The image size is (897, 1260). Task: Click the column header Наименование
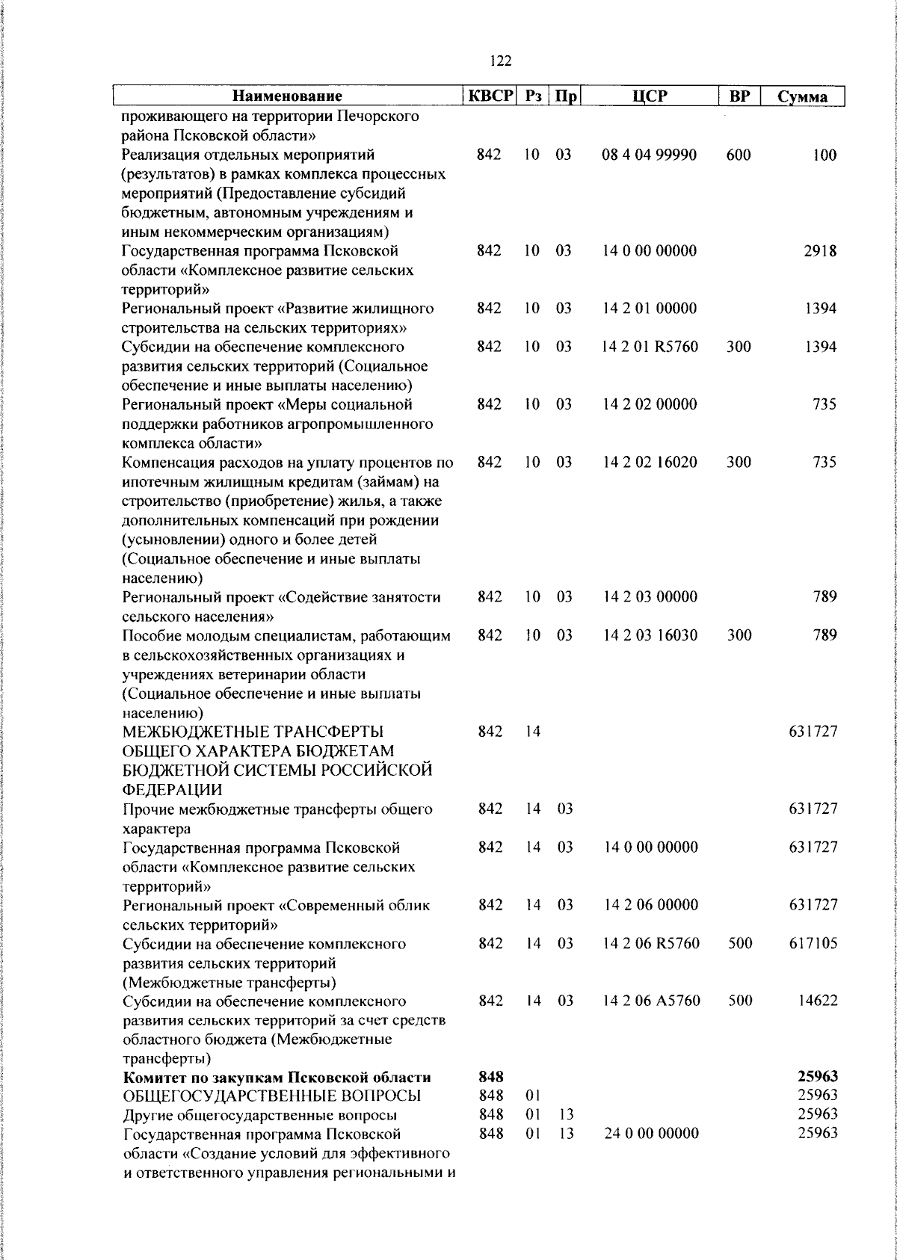tap(287, 96)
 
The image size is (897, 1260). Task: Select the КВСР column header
tap(490, 96)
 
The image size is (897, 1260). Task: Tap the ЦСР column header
tap(650, 96)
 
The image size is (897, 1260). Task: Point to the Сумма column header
tap(802, 97)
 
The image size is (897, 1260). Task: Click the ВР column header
tap(739, 96)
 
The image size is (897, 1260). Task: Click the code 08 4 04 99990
tap(650, 155)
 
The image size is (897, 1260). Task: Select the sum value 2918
tap(820, 251)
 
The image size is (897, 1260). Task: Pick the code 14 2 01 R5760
tap(650, 347)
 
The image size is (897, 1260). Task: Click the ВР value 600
tap(739, 155)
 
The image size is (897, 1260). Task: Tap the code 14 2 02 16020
tap(650, 462)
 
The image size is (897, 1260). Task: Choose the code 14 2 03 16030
tap(650, 635)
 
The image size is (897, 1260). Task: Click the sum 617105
tap(813, 944)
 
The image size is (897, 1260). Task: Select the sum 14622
tap(816, 1001)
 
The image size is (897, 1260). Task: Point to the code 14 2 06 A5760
tap(651, 1001)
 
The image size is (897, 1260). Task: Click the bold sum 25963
tap(816, 1078)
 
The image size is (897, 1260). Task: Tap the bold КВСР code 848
tap(490, 1078)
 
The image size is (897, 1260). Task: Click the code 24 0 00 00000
tap(651, 1134)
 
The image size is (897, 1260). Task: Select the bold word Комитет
tap(153, 1078)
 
